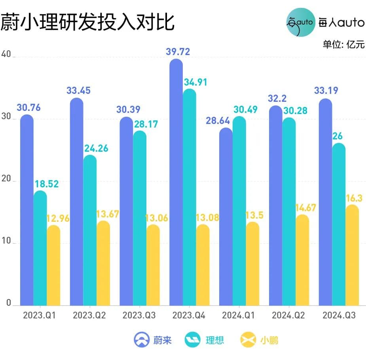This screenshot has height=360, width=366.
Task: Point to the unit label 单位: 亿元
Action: (x=343, y=44)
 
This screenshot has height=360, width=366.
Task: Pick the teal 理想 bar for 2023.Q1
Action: (x=40, y=248)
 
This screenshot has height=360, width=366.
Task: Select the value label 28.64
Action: (x=216, y=121)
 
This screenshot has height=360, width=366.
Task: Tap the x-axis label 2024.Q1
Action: (x=239, y=316)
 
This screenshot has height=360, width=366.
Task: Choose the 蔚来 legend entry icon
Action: (x=140, y=339)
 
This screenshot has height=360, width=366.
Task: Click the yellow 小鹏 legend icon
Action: (x=247, y=339)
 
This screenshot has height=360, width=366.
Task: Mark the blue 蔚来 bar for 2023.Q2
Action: (x=76, y=202)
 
